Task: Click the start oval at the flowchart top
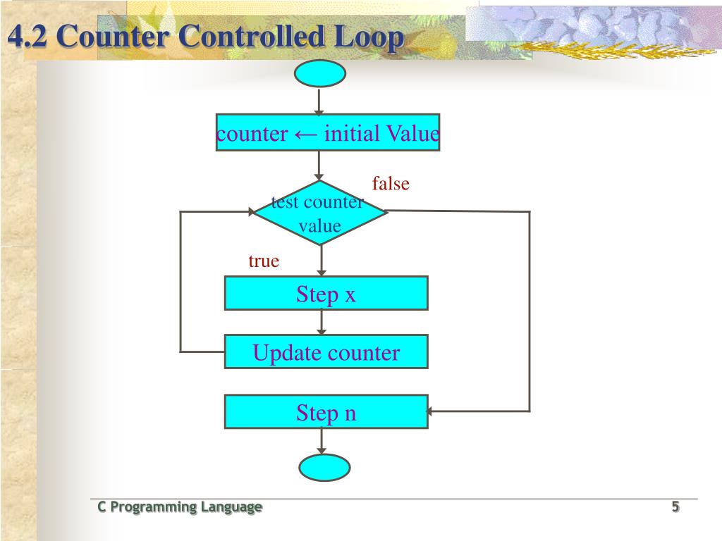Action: click(321, 73)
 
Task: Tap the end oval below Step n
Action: click(324, 467)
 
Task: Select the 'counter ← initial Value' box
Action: click(328, 132)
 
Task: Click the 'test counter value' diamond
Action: click(320, 213)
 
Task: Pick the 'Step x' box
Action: click(326, 293)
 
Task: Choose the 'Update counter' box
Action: click(326, 352)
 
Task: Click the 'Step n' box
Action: click(326, 411)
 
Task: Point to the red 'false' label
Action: click(391, 184)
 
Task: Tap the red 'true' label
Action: click(264, 261)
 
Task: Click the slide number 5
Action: click(675, 506)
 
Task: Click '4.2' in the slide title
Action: click(27, 37)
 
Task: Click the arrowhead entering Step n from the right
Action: click(432, 411)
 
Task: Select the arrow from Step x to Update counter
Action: click(322, 323)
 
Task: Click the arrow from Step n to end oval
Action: click(322, 442)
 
